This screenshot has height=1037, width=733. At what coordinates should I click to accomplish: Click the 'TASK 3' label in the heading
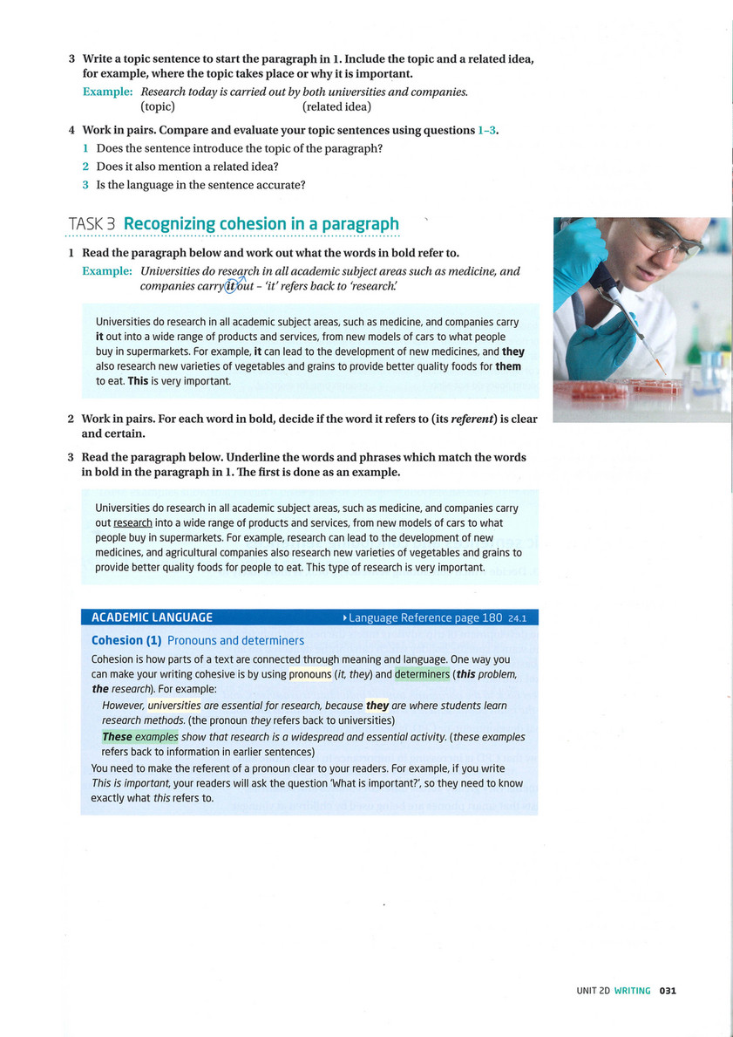pos(92,224)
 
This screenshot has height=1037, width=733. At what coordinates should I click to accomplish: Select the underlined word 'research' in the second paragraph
pos(132,523)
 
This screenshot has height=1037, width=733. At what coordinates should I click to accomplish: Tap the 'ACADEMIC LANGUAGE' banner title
pos(152,617)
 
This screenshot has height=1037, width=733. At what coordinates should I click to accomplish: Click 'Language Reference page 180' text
pos(425,617)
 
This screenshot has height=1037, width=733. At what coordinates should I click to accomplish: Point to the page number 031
pos(668,991)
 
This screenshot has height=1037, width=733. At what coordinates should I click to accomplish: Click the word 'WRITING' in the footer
pos(632,991)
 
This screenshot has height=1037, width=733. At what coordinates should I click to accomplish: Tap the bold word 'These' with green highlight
pos(117,737)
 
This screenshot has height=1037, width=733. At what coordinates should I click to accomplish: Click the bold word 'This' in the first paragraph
pos(114,381)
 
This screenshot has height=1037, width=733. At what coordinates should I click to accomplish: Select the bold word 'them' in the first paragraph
pos(508,367)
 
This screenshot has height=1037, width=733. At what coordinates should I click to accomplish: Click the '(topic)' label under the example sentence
pos(158,107)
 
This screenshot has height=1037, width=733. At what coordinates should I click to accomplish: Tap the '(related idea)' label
pos(336,107)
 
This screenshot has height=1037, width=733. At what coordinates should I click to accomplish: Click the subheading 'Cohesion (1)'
pos(126,640)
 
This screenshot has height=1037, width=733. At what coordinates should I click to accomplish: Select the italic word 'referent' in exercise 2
pos(474,419)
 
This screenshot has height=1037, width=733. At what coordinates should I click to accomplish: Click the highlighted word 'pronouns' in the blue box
pos(309,674)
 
